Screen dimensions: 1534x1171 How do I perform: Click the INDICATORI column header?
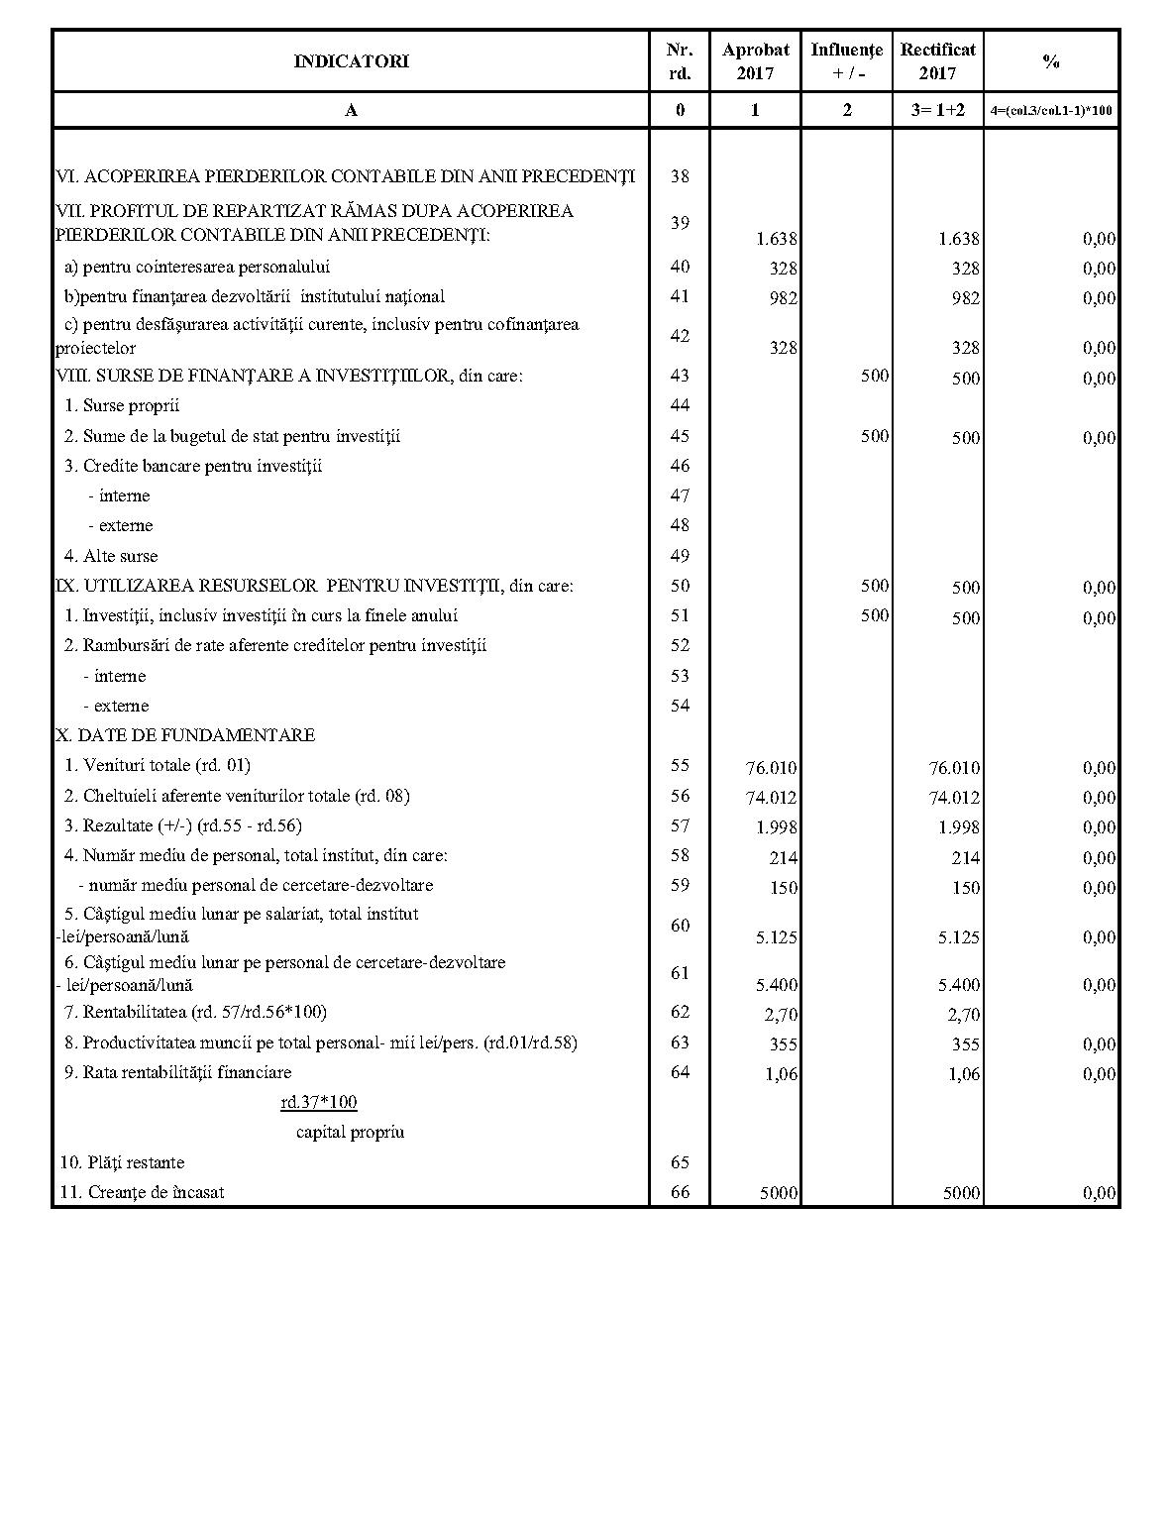pyautogui.click(x=351, y=61)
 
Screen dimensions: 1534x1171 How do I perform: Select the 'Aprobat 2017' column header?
pyautogui.click(x=755, y=61)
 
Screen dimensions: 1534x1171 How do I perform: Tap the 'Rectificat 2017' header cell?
pyautogui.click(x=937, y=61)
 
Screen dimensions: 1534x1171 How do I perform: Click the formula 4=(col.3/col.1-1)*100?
pyautogui.click(x=1051, y=111)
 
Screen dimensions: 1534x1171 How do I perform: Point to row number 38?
pyautogui.click(x=680, y=176)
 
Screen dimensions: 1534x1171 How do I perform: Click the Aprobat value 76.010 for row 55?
pyautogui.click(x=771, y=768)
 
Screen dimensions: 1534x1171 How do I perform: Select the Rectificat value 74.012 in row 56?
pyautogui.click(x=953, y=798)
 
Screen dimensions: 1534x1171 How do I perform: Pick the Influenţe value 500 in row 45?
pyautogui.click(x=875, y=436)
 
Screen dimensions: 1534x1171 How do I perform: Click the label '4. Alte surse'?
pyautogui.click(x=111, y=556)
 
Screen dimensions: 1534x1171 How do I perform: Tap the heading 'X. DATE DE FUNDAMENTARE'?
pyautogui.click(x=186, y=735)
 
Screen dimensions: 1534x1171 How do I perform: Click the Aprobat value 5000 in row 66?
pyautogui.click(x=779, y=1193)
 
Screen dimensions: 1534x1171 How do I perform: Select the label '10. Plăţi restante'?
pyautogui.click(x=122, y=1162)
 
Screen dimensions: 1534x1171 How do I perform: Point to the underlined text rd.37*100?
pyautogui.click(x=319, y=1102)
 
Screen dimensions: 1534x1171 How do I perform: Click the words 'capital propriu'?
pyautogui.click(x=350, y=1132)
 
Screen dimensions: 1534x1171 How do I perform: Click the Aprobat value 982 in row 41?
pyautogui.click(x=783, y=298)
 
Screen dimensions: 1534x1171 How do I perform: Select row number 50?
pyautogui.click(x=680, y=586)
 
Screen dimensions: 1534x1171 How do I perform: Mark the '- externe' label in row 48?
pyautogui.click(x=120, y=525)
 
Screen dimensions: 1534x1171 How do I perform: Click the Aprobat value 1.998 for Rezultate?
pyautogui.click(x=776, y=827)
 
